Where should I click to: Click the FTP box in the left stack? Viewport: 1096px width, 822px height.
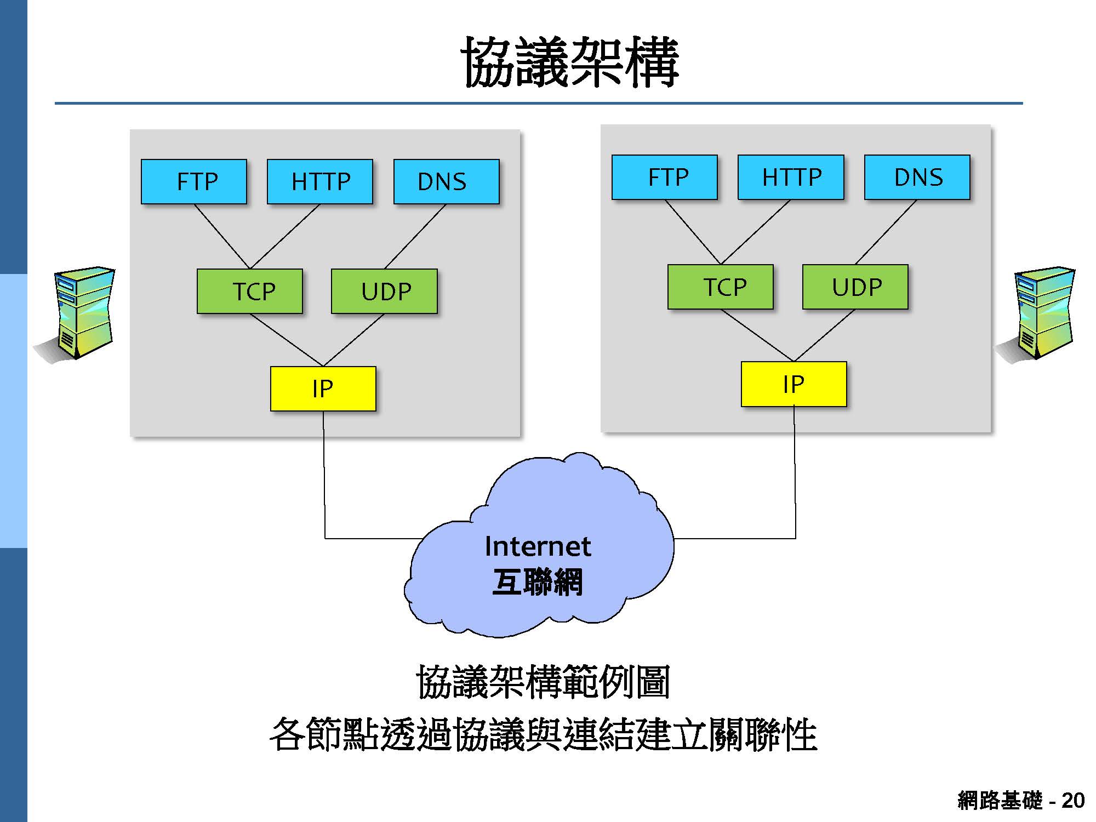click(x=194, y=181)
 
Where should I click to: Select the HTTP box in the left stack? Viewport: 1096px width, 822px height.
click(x=320, y=181)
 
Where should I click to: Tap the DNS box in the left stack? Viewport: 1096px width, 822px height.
click(x=446, y=181)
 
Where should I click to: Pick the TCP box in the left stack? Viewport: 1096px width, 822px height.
click(x=250, y=291)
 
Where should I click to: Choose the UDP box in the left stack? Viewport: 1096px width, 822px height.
click(x=384, y=291)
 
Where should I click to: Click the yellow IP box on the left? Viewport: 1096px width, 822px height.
click(x=323, y=389)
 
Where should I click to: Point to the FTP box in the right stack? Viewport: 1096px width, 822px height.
click(x=665, y=177)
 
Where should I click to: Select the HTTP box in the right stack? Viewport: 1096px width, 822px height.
click(x=791, y=177)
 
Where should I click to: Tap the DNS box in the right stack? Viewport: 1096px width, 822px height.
click(x=917, y=177)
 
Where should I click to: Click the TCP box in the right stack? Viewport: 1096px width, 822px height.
click(x=721, y=287)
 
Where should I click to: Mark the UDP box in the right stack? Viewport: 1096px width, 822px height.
click(x=855, y=287)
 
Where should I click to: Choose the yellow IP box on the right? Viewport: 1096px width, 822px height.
click(x=794, y=384)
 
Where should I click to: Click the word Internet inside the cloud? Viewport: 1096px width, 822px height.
click(x=538, y=546)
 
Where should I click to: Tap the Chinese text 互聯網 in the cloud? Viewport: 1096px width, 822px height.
click(x=538, y=582)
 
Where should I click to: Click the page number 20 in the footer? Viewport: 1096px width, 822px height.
click(x=1072, y=801)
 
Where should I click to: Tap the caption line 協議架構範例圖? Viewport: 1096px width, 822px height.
click(x=543, y=682)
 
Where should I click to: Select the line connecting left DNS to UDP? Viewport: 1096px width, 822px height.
click(x=415, y=236)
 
